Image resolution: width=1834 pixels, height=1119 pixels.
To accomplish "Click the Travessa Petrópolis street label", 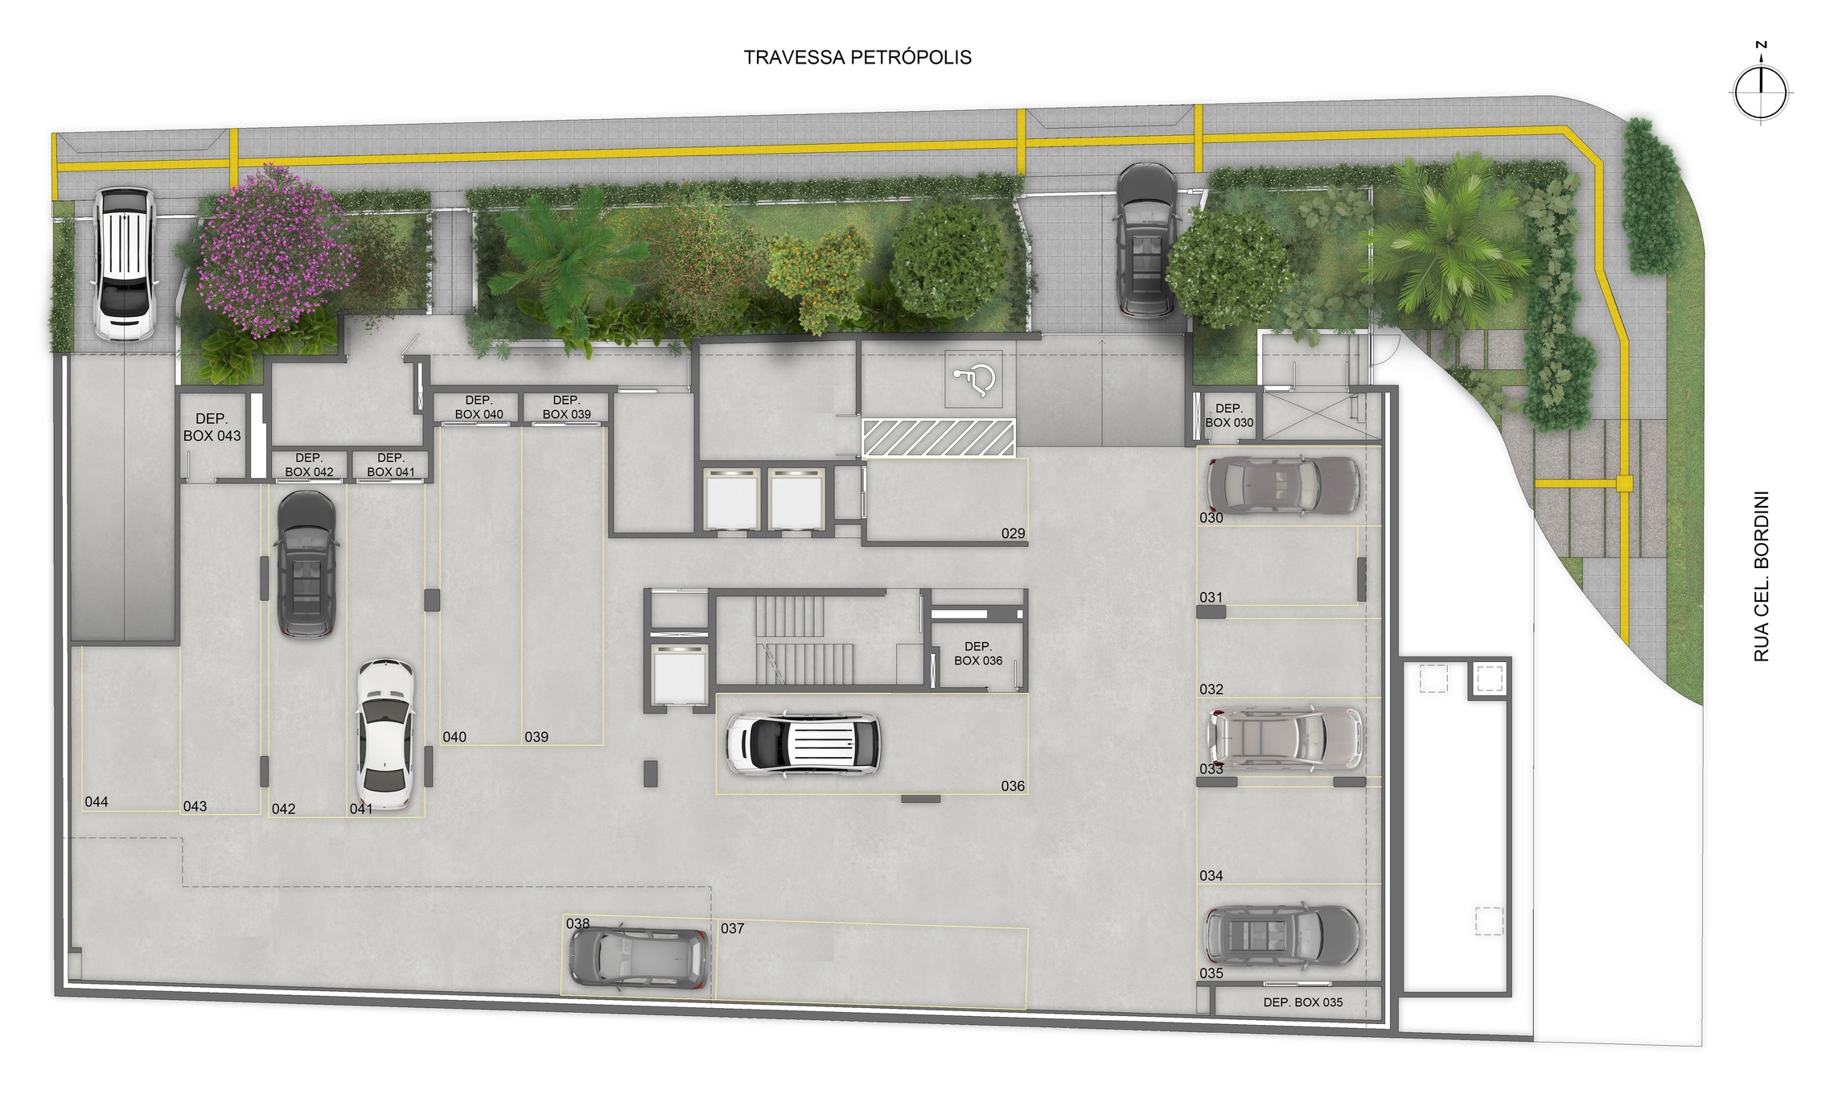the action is point(857,57).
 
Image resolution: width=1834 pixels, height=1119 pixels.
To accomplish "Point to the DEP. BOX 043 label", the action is point(212,427).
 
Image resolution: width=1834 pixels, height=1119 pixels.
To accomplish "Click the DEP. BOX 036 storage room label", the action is point(978,653).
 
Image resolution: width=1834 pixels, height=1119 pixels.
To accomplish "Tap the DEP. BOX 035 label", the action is point(1303,1002).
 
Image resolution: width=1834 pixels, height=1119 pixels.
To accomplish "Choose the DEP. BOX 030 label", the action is point(1229,415).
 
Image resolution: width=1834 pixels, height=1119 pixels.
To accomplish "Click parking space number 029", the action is point(1013,533).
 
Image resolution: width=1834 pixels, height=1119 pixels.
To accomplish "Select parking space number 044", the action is point(97,801).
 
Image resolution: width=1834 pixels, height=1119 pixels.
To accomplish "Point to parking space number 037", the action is point(732,928).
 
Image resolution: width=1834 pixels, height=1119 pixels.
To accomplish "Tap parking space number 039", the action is point(537,737).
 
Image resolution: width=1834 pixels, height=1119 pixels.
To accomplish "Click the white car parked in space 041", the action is point(385,734).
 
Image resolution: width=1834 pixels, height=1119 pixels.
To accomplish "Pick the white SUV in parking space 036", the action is point(803,743).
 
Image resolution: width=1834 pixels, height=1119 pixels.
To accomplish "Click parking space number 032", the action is point(1211,689).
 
